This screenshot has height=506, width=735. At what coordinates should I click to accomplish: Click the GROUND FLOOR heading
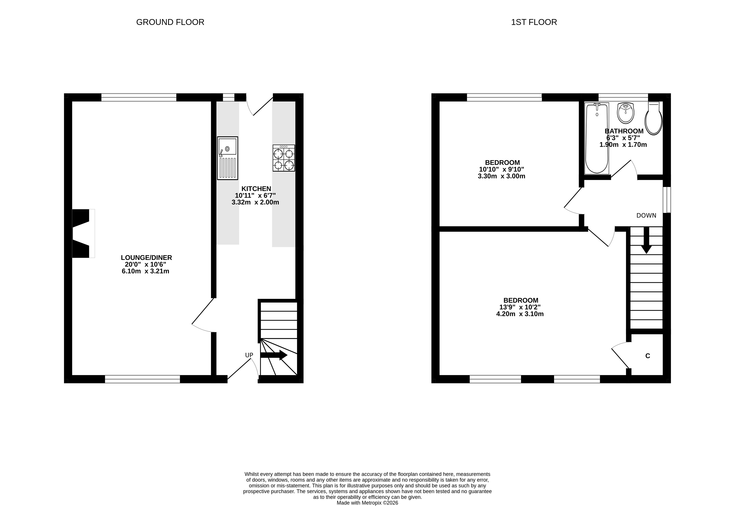pyautogui.click(x=170, y=22)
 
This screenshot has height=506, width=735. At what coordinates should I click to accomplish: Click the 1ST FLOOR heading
pyautogui.click(x=534, y=22)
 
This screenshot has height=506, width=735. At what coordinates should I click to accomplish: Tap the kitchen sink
pyautogui.click(x=228, y=158)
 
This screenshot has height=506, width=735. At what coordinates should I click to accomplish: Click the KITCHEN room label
pyautogui.click(x=256, y=189)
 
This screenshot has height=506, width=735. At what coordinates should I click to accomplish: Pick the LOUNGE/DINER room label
pyautogui.click(x=146, y=258)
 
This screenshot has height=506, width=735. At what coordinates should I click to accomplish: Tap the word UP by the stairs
pyautogui.click(x=249, y=355)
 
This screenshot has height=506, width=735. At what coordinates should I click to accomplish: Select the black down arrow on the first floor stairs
pyautogui.click(x=646, y=240)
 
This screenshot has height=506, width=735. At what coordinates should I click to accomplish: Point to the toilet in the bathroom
pyautogui.click(x=653, y=118)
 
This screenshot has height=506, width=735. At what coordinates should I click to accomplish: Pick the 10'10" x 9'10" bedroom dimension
pyautogui.click(x=501, y=170)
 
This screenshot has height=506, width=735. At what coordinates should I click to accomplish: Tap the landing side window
pyautogui.click(x=667, y=200)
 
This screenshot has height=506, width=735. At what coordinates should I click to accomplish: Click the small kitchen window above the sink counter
pyautogui.click(x=228, y=97)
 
